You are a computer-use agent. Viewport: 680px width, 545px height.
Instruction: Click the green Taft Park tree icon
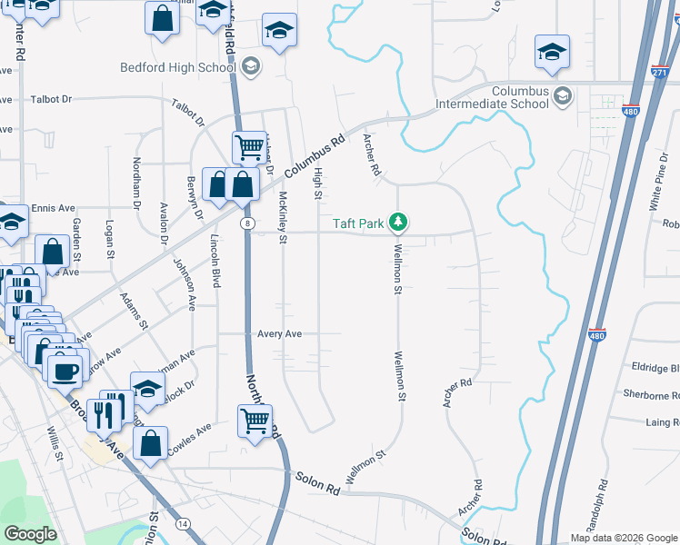397,221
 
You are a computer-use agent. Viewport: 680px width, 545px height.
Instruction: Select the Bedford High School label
179,67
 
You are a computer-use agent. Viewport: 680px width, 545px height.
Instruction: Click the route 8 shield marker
246,223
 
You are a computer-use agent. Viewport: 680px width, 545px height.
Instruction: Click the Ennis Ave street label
53,208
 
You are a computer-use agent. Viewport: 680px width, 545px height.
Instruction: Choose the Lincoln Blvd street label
215,262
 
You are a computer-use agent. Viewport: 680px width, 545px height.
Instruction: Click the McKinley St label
283,218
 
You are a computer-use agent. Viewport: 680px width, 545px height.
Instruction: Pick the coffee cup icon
64,370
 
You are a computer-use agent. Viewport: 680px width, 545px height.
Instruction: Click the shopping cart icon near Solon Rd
255,421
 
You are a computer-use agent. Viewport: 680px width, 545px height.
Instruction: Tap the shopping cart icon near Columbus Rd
248,145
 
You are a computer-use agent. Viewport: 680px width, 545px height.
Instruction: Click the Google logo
31,533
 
